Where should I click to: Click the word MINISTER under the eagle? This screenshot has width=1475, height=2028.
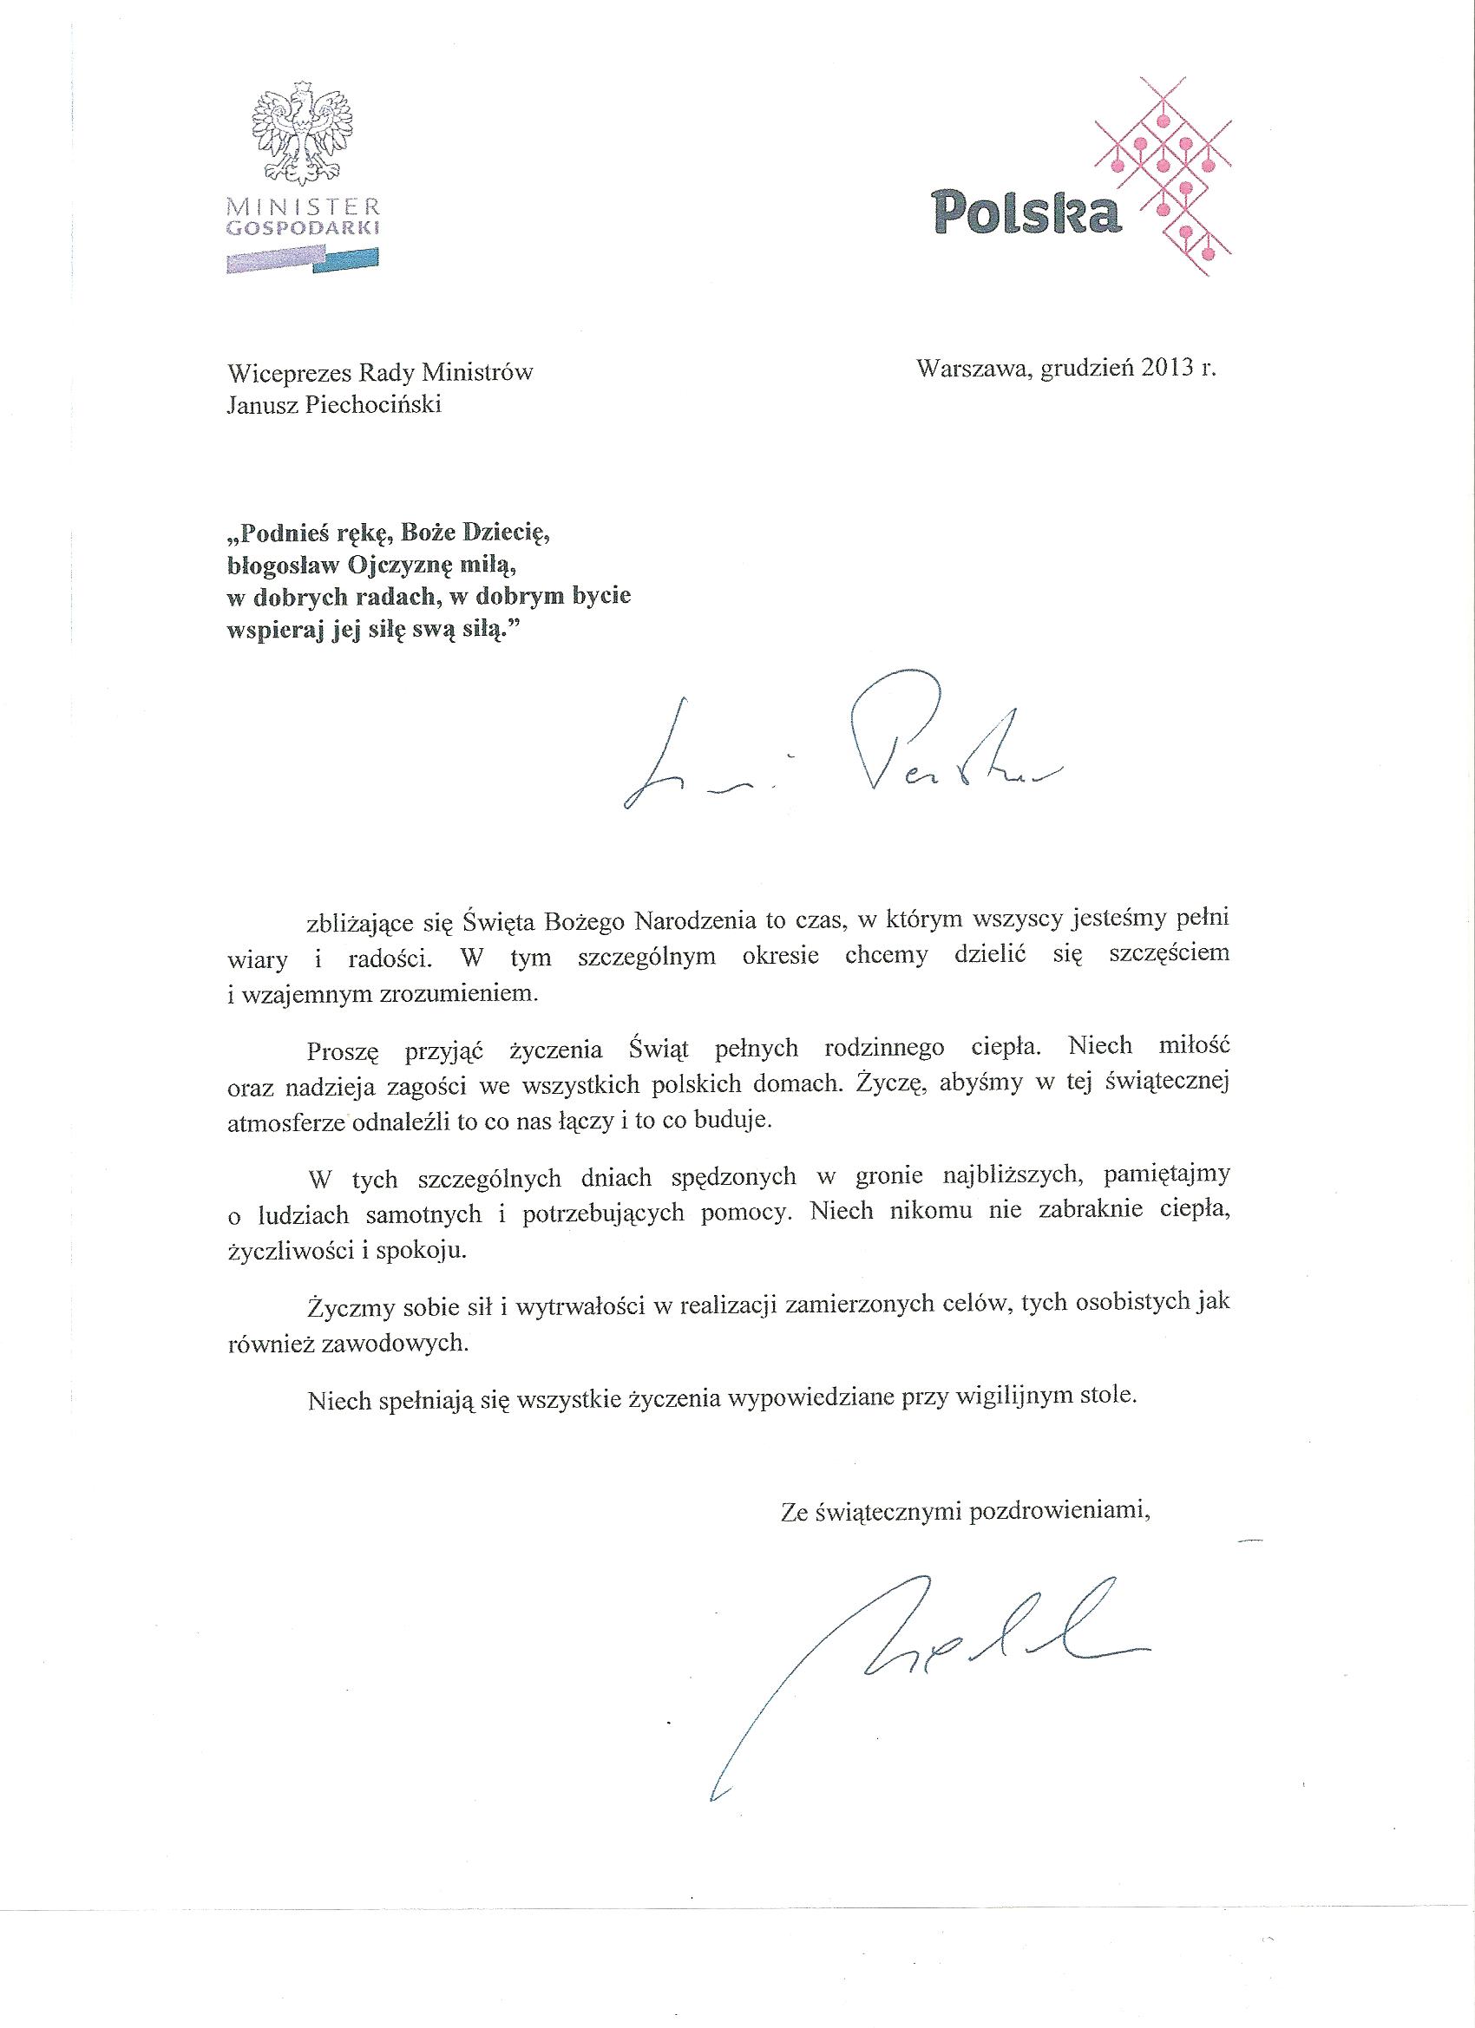tap(305, 206)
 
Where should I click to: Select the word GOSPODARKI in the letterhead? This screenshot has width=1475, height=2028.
tap(305, 228)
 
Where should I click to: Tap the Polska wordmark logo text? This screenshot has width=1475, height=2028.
tap(1025, 213)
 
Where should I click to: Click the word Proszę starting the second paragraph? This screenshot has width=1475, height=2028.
tap(344, 1047)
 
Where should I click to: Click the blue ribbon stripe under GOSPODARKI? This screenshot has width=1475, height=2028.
tap(347, 260)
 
